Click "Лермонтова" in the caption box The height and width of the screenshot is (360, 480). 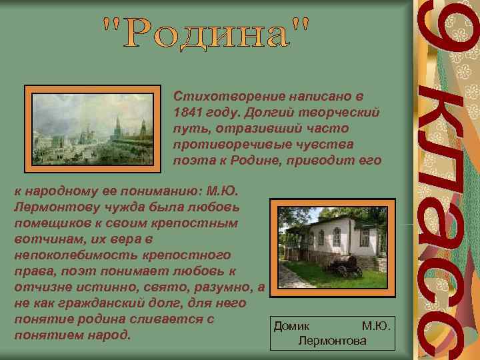point(333,341)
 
